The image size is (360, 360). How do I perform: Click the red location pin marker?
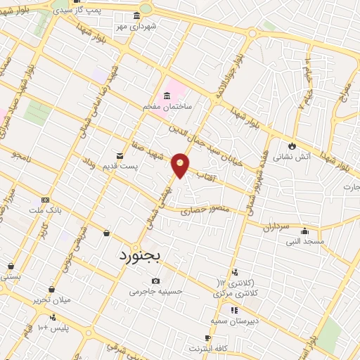[181, 165]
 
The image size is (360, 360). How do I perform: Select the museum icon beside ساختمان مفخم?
[167, 96]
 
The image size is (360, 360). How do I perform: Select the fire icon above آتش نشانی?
[290, 145]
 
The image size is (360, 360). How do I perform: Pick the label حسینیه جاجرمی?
[156, 290]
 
